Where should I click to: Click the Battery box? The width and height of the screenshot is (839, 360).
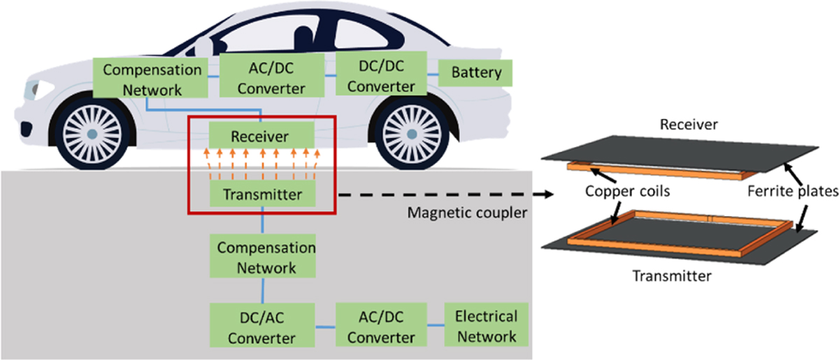pyautogui.click(x=475, y=73)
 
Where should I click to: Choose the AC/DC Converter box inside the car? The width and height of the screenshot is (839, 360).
pyautogui.click(x=273, y=77)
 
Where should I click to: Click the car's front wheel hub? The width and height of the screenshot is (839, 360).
pyautogui.click(x=92, y=133)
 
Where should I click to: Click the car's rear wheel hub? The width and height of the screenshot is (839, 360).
pyautogui.click(x=412, y=133)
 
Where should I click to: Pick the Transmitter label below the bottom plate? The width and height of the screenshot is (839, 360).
pyautogui.click(x=671, y=275)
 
